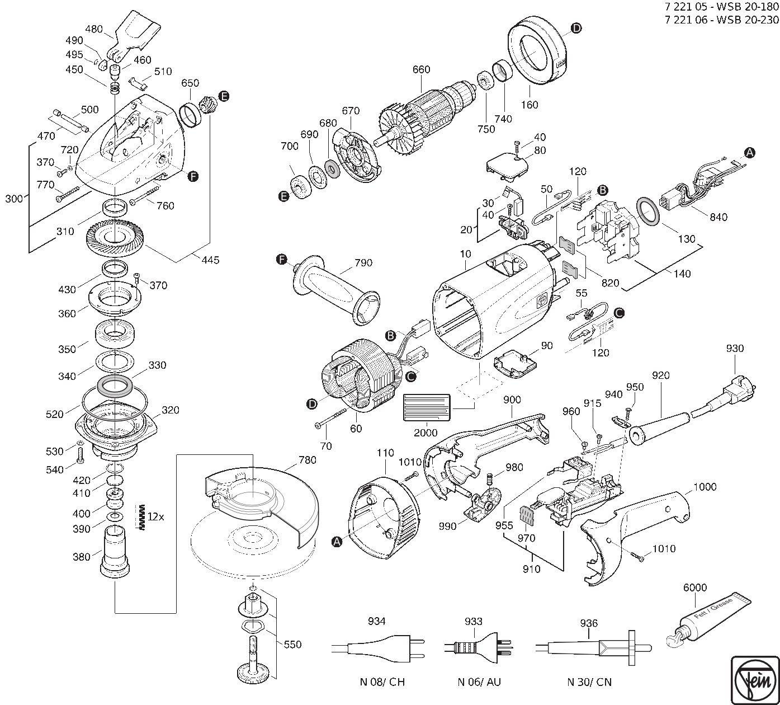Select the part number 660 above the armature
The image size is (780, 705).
[x=421, y=69]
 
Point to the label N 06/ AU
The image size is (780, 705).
[x=479, y=682]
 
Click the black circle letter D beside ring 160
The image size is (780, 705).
[x=576, y=29]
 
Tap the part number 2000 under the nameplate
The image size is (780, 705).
[x=427, y=433]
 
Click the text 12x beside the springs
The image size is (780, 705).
[x=156, y=517]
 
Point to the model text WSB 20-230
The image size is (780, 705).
[x=749, y=20]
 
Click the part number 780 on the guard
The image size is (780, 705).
[x=308, y=460]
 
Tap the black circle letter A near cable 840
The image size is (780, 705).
[x=750, y=152]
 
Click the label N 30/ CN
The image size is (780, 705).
[x=589, y=682]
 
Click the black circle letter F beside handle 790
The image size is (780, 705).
[x=282, y=260]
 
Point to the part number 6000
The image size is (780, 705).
[x=695, y=587]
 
